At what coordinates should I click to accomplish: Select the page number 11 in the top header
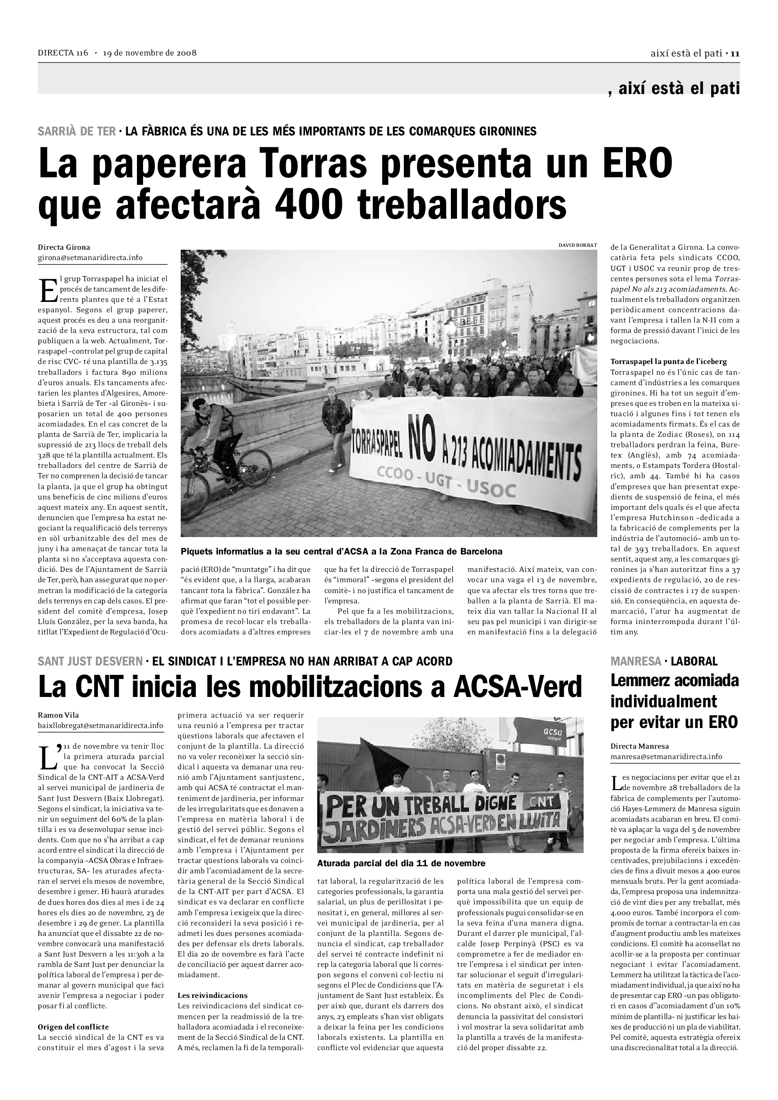pos(735,53)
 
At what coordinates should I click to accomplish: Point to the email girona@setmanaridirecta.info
pos(90,257)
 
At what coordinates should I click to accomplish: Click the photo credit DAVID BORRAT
pos(577,245)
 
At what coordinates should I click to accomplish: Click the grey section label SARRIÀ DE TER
pos(77,131)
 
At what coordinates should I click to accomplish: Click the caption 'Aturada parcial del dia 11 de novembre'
pos(401,863)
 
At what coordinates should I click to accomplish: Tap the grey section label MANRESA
pos(636,661)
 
